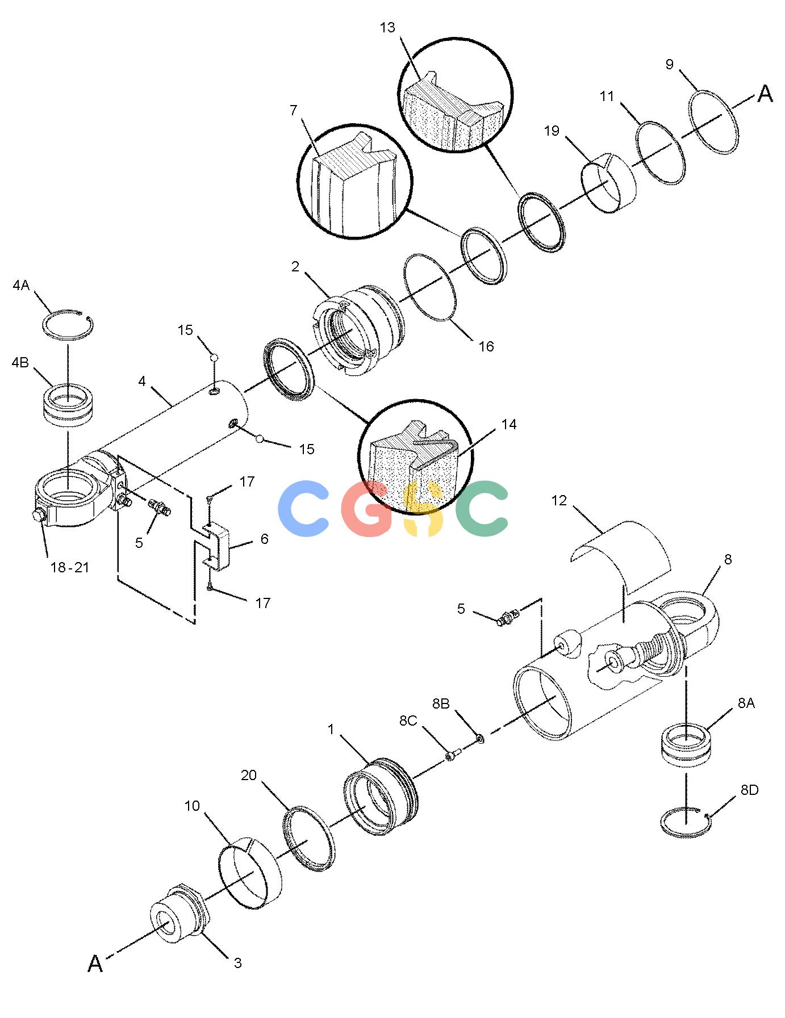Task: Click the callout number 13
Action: click(387, 28)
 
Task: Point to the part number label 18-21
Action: click(70, 567)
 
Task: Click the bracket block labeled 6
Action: click(216, 547)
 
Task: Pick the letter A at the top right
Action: click(766, 94)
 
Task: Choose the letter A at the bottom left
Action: click(95, 963)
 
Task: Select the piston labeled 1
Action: click(380, 796)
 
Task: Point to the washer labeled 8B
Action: click(480, 738)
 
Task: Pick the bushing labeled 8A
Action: click(686, 744)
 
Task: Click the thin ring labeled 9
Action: click(715, 122)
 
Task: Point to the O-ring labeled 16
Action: click(431, 287)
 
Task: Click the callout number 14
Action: click(509, 424)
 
